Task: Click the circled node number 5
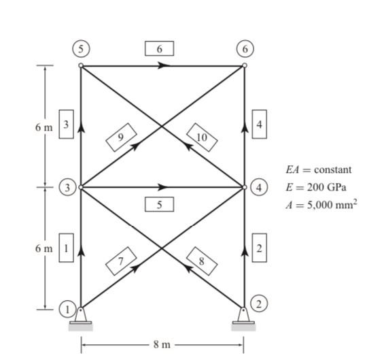[x=81, y=49]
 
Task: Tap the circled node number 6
[x=245, y=49]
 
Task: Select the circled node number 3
[x=67, y=188]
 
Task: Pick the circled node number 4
[x=259, y=188]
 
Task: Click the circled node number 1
[x=67, y=310]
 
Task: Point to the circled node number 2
[x=259, y=304]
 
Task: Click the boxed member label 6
[x=160, y=48]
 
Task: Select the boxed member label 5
[x=160, y=204]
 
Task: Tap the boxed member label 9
[x=121, y=137]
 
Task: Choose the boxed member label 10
[x=202, y=137]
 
